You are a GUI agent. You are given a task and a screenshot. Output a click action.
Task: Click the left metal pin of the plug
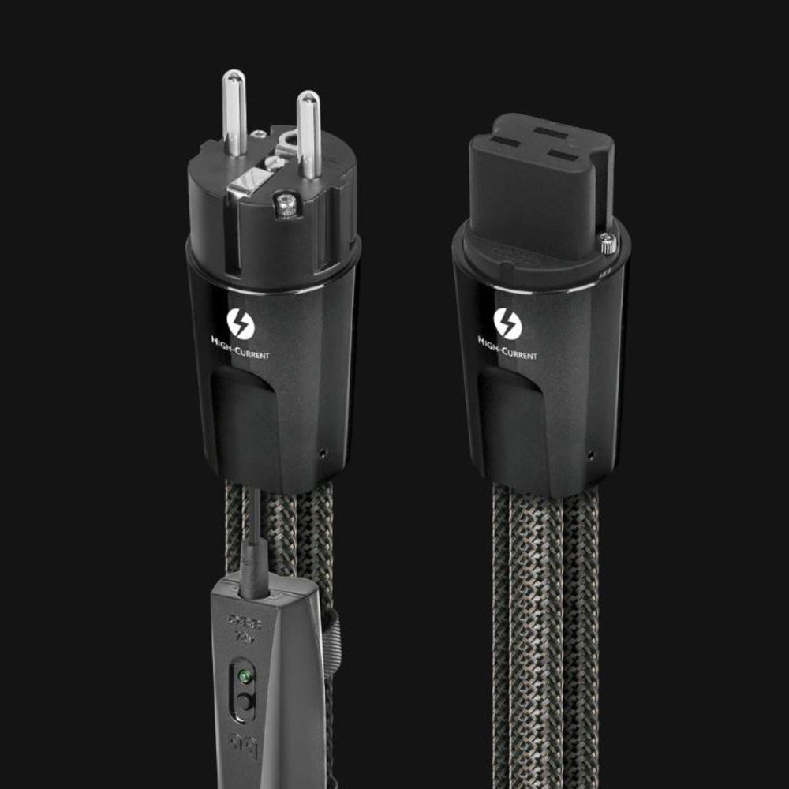coord(234,110)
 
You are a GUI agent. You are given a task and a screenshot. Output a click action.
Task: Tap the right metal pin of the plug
coord(308,131)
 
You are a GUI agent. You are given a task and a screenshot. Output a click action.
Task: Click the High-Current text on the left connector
coord(241,352)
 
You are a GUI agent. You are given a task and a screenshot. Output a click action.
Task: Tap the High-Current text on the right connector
coord(507,351)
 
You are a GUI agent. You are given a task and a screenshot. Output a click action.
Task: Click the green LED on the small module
coord(245,676)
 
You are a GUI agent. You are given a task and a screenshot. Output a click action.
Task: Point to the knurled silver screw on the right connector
coord(608,245)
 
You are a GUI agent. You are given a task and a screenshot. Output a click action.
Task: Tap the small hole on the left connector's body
coord(323,454)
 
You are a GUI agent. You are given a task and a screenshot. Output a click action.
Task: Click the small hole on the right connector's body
coord(591,454)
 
